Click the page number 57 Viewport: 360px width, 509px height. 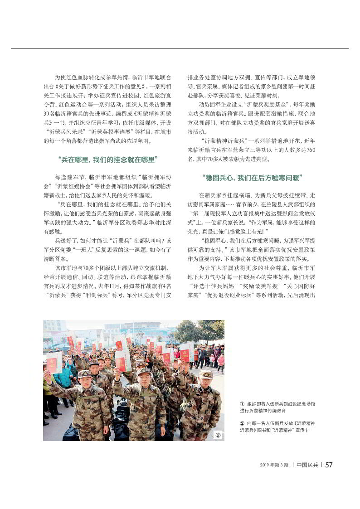(329, 465)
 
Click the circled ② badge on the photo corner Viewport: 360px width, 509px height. (218, 435)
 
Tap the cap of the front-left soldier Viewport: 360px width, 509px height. (84, 374)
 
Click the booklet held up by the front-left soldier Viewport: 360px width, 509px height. (54, 363)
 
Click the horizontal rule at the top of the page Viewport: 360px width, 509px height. (180, 48)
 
